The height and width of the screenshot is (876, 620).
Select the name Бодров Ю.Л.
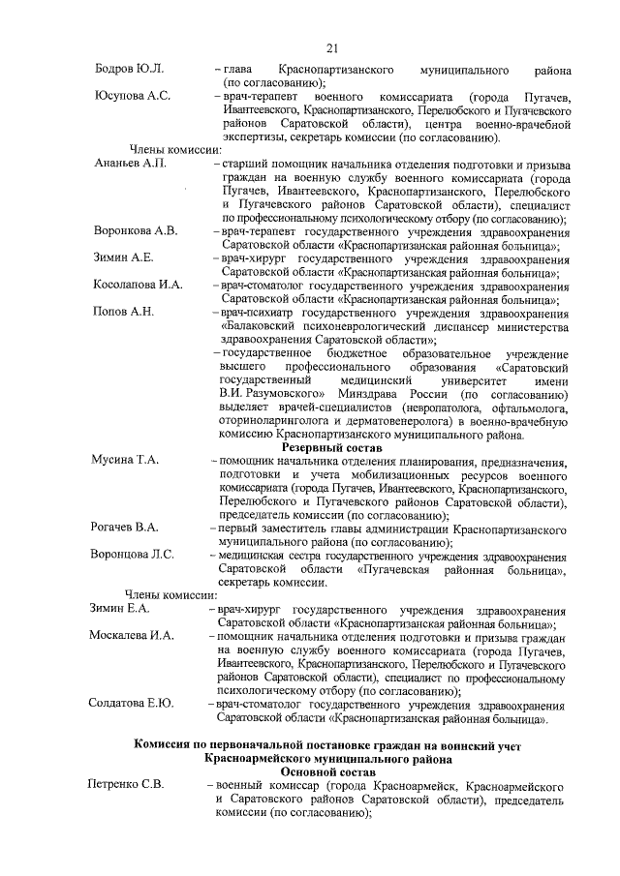click(130, 71)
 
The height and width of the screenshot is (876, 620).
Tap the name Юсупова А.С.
click(133, 97)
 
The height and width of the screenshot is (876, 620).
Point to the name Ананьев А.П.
click(131, 165)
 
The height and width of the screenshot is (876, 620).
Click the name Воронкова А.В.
click(136, 231)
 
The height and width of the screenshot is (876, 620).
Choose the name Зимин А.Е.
click(123, 258)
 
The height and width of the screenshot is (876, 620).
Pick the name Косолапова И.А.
click(138, 285)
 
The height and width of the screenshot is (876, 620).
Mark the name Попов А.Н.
click(123, 311)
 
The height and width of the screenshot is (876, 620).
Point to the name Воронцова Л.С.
click(132, 554)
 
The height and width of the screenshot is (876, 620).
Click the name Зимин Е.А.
click(121, 607)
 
